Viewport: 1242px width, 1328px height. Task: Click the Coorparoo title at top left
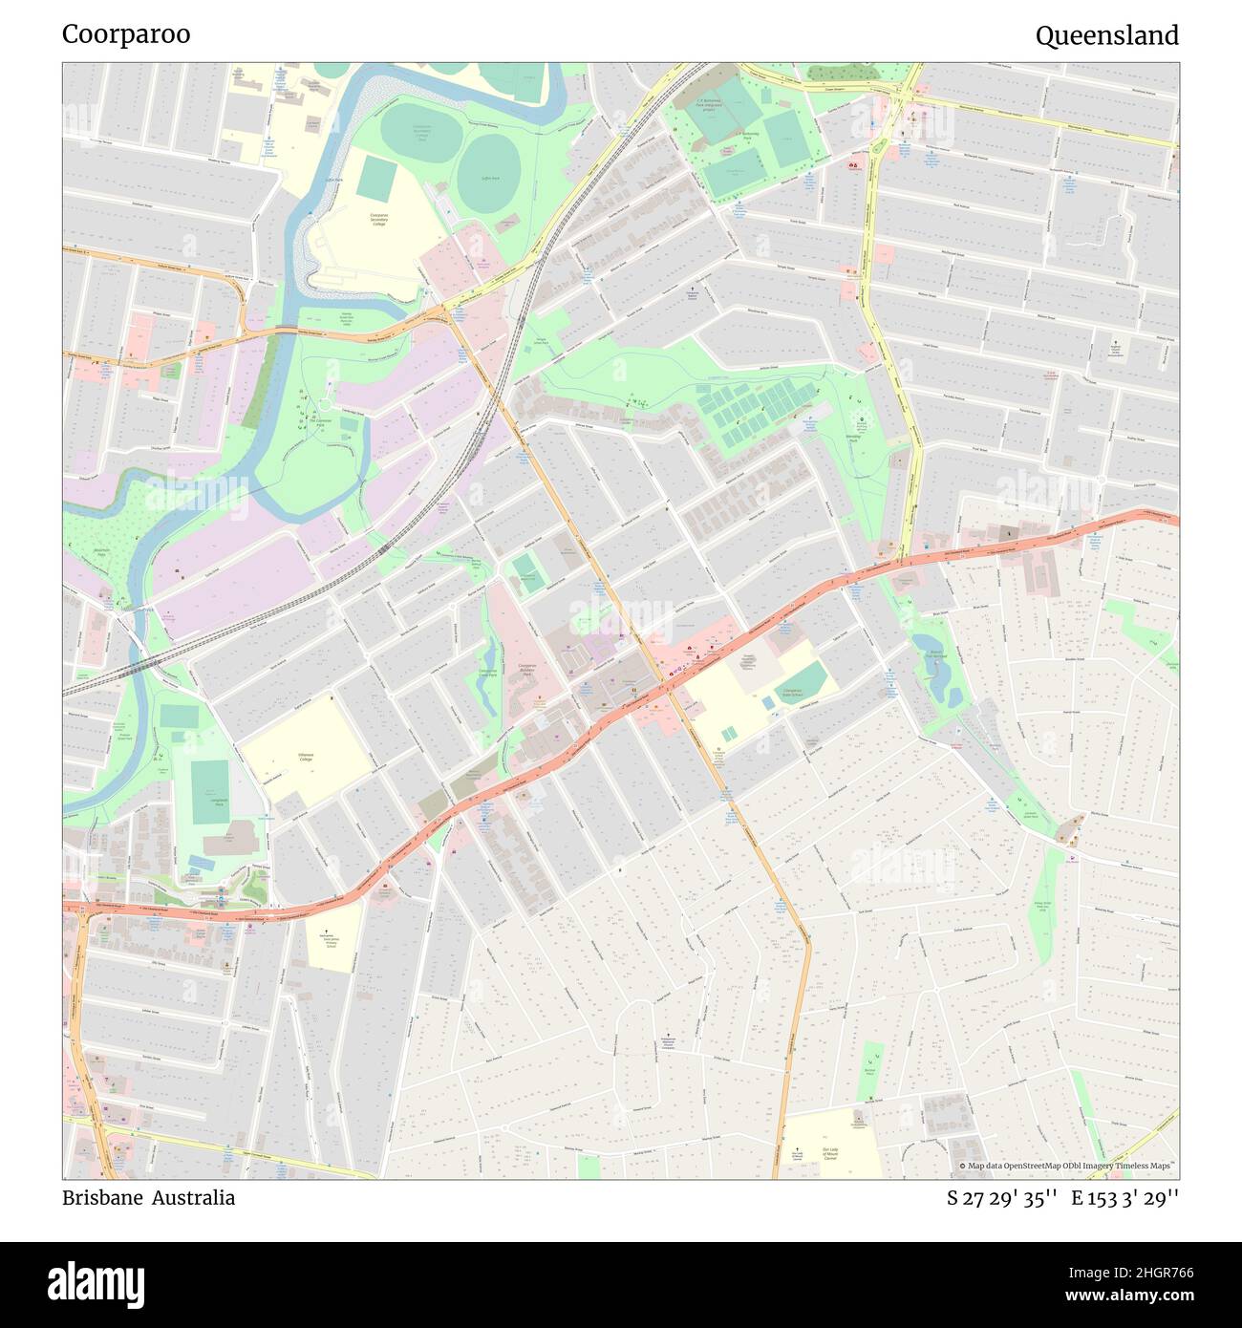[x=126, y=34]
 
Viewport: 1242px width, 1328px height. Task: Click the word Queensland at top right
[x=1106, y=36]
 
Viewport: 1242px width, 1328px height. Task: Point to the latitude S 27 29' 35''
[x=1001, y=1198]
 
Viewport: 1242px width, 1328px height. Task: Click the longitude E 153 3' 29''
[x=1124, y=1198]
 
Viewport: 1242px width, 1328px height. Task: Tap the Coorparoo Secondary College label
[x=385, y=221]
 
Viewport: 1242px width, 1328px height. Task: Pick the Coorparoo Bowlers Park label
[x=533, y=669]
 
